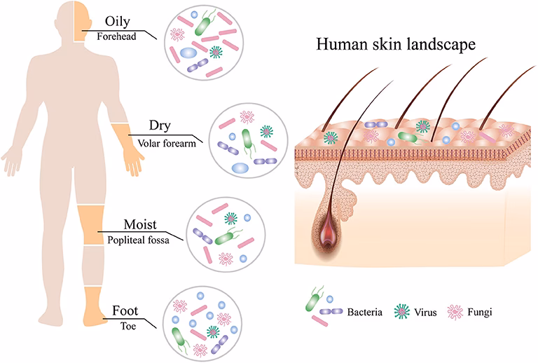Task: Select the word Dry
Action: click(x=160, y=127)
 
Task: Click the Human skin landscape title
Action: click(x=396, y=45)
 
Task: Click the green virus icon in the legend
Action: click(x=401, y=309)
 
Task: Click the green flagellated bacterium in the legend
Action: click(x=312, y=300)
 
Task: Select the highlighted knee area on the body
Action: click(x=90, y=224)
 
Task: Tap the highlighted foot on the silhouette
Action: click(x=92, y=308)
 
